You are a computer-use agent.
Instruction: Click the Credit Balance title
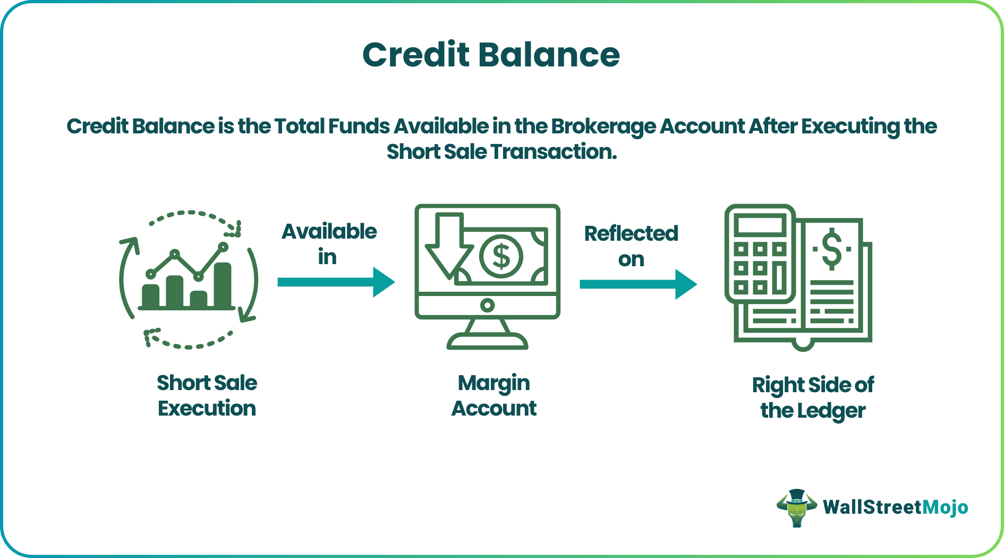pyautogui.click(x=491, y=55)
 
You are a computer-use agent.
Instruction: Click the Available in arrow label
pyautogui.click(x=329, y=244)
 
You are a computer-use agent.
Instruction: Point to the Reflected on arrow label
pyautogui.click(x=631, y=246)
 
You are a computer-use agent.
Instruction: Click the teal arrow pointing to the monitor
pyautogui.click(x=336, y=282)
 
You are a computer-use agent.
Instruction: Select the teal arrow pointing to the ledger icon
pyautogui.click(x=637, y=284)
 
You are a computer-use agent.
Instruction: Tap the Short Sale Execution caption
pyautogui.click(x=207, y=395)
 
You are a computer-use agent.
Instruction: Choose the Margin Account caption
pyautogui.click(x=494, y=395)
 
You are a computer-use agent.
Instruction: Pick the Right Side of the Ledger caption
pyautogui.click(x=812, y=398)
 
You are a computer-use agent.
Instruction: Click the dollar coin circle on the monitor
pyautogui.click(x=501, y=256)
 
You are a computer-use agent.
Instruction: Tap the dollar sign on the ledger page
pyautogui.click(x=831, y=249)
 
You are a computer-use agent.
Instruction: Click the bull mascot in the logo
pyautogui.click(x=796, y=508)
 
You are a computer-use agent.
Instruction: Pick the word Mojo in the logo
pyautogui.click(x=945, y=507)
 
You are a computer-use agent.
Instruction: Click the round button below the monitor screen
pyautogui.click(x=487, y=305)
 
